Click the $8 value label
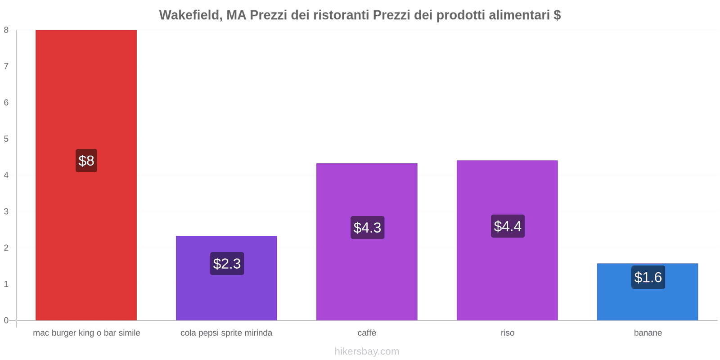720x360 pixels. (86, 161)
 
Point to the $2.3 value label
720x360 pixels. (227, 264)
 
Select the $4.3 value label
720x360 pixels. (367, 228)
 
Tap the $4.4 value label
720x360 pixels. (508, 226)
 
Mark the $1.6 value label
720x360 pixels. (648, 277)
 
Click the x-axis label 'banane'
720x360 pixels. (648, 333)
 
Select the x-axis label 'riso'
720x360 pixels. (508, 333)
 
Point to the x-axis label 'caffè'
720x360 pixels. (367, 333)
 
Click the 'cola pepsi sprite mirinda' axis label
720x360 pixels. (226, 333)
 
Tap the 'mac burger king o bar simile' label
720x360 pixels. (86, 333)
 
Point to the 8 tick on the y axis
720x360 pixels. (6, 30)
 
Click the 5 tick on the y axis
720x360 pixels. (6, 139)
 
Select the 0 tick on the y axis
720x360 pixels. (6, 320)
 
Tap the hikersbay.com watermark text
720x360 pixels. (367, 351)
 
